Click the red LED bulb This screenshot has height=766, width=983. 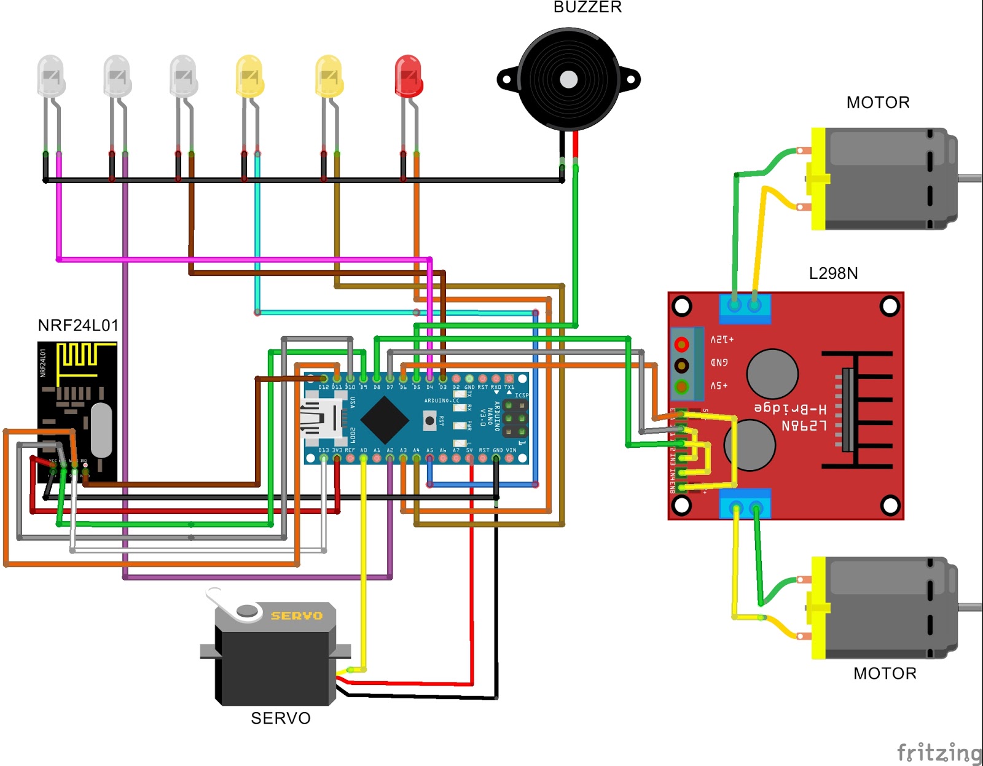tap(408, 76)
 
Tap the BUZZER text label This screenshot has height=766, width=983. tap(587, 7)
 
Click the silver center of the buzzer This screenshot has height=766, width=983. tap(569, 79)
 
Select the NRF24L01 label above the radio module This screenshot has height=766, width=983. tap(78, 326)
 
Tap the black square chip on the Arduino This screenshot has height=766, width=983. tap(385, 420)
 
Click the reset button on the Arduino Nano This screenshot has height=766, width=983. tap(429, 421)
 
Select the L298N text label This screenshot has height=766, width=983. tap(833, 273)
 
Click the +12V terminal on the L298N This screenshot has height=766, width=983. tap(681, 343)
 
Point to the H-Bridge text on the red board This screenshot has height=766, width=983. tap(790, 408)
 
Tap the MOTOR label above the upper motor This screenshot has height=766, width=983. tap(877, 103)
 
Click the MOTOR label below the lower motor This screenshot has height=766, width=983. tap(885, 674)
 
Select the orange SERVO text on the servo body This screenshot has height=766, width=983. tap(297, 616)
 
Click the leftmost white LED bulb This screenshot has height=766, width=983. tap(50, 76)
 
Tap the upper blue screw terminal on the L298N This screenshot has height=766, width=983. tap(745, 308)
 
